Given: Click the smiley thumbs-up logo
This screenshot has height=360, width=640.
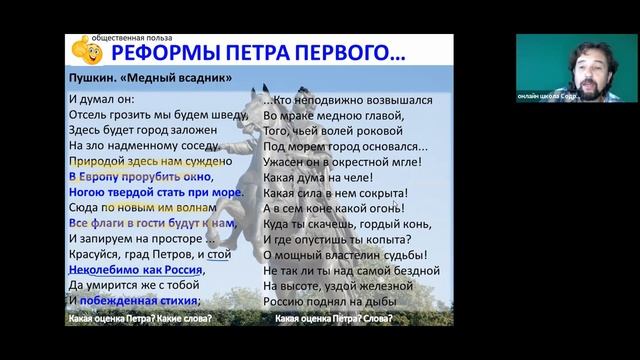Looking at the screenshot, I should (82, 47).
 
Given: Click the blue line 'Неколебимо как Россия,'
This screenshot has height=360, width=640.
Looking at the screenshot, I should (135, 270).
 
